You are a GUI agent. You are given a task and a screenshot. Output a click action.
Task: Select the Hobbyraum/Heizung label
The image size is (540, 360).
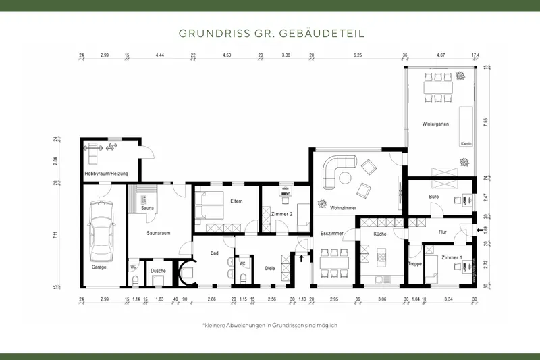coord(105,174)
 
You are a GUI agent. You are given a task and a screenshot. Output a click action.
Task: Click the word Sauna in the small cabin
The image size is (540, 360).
coord(147,208)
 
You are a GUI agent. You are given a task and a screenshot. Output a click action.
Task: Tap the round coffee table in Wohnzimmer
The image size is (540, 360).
coord(344,178)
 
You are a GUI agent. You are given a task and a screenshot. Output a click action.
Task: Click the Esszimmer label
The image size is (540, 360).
coord(332,234)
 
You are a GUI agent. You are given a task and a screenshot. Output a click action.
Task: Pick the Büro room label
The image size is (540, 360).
coord(434,197)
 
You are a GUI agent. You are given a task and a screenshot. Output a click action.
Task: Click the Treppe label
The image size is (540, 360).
coord(414,264)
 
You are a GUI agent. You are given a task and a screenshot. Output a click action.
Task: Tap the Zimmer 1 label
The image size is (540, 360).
coord(452,258)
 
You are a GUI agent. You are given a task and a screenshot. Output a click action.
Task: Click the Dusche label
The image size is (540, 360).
coord(158,271)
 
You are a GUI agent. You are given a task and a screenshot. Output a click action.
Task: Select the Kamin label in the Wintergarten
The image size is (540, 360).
coord(465,144)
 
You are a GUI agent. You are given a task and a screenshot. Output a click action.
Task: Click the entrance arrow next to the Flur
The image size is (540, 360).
coord(480,231)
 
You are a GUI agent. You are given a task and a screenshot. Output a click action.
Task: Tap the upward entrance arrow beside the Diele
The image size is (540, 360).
coord(301,257)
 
